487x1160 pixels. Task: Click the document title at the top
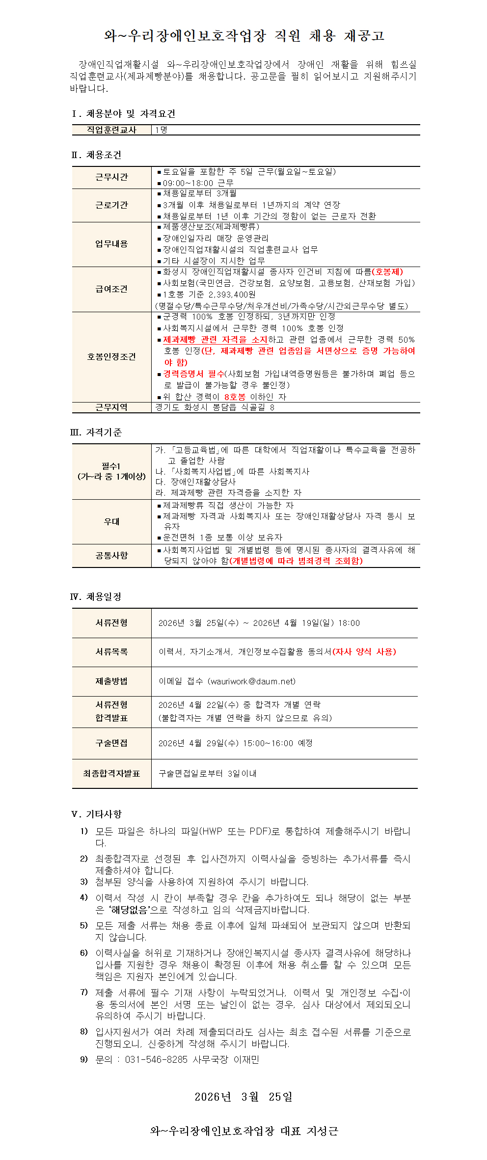243,36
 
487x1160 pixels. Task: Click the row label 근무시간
111,177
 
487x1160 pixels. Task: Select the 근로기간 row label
111,205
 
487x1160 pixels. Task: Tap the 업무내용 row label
111,244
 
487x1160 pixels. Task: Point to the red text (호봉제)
387,271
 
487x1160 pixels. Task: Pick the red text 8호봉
235,397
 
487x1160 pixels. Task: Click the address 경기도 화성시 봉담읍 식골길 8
215,407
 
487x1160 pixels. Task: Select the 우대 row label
111,521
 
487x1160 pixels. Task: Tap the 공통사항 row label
111,555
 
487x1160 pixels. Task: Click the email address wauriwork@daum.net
252,681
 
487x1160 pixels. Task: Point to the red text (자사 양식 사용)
364,652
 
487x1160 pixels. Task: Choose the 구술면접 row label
111,743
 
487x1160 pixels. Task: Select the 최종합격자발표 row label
111,774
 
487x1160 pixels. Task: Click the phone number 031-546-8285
156,1060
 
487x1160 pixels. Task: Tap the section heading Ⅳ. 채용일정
96,597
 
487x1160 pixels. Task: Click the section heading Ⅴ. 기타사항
96,814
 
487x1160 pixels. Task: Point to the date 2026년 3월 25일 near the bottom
243,1097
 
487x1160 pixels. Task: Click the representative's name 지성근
322,1131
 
